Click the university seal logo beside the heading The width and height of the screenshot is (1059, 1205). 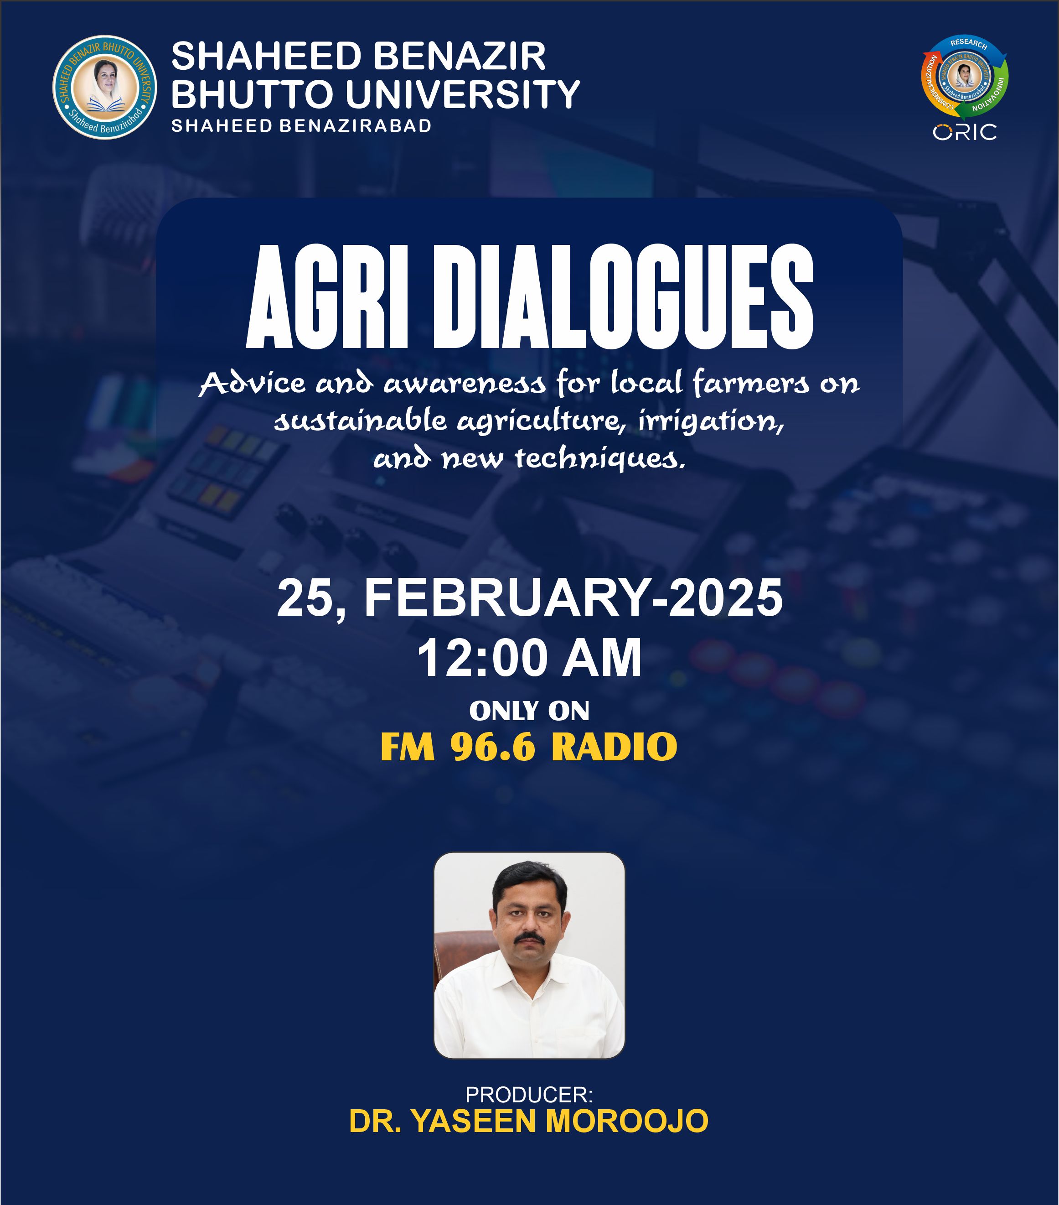tap(105, 87)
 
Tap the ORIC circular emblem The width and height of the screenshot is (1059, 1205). tap(964, 77)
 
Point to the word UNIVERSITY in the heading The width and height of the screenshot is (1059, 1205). tap(463, 94)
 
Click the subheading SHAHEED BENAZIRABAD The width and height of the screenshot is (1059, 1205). tap(301, 125)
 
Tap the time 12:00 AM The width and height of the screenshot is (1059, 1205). tap(529, 658)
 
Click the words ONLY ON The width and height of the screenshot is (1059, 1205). tap(529, 711)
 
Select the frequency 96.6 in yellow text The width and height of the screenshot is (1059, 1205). tap(493, 747)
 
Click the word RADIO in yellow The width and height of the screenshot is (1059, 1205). tap(614, 747)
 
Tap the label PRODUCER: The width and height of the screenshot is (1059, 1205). tap(529, 1095)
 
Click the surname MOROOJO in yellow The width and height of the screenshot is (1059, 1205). tap(627, 1121)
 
